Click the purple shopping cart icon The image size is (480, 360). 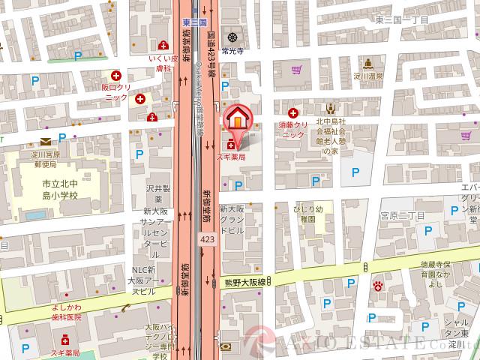297,70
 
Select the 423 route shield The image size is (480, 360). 208,238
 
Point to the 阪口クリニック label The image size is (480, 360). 115,91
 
